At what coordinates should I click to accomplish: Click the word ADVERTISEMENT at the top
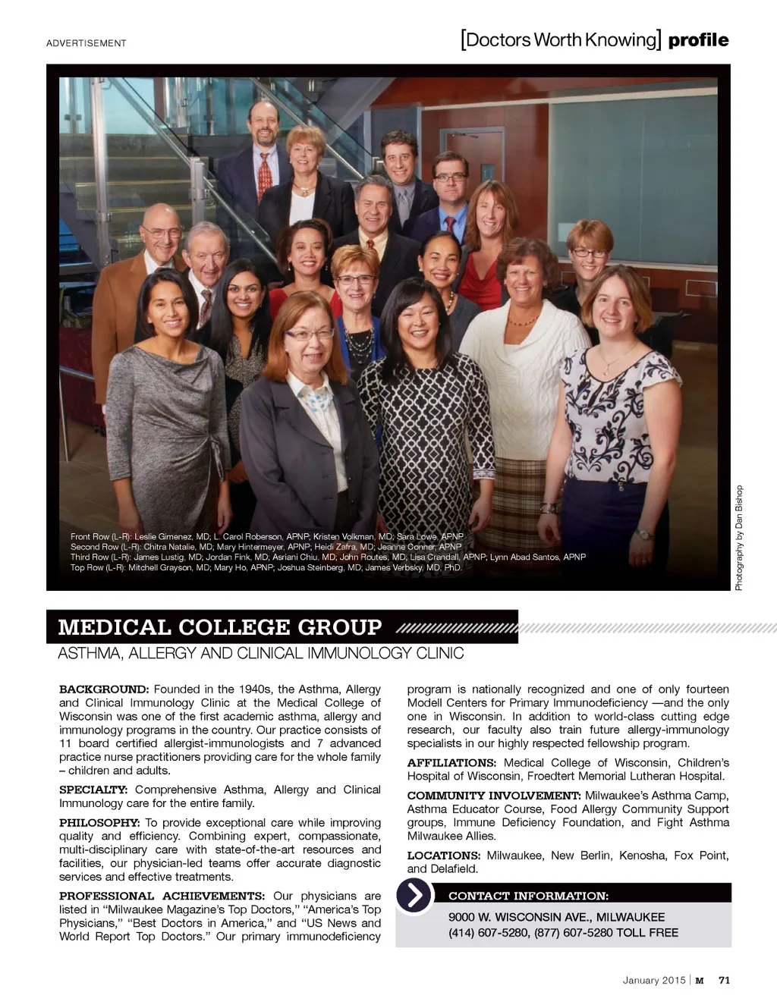click(x=86, y=43)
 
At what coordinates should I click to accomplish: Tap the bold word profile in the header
click(x=698, y=40)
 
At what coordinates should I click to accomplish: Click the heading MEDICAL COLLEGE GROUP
click(x=220, y=627)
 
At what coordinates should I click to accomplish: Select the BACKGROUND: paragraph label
click(x=104, y=689)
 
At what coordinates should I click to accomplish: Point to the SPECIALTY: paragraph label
click(x=93, y=790)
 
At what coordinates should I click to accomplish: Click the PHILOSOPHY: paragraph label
click(x=99, y=823)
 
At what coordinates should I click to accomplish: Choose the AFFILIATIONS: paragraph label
click(x=451, y=763)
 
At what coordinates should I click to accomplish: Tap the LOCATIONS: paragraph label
click(x=443, y=856)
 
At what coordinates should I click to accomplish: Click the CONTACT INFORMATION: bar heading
click(x=528, y=896)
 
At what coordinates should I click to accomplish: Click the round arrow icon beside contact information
click(x=414, y=896)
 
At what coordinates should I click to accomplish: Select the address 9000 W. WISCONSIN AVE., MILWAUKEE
click(x=556, y=917)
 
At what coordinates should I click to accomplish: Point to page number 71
click(x=724, y=980)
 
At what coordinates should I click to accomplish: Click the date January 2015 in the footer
click(x=653, y=980)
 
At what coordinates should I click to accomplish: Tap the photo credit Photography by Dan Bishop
click(x=739, y=538)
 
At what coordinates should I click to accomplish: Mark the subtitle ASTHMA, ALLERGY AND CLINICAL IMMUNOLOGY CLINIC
click(x=260, y=653)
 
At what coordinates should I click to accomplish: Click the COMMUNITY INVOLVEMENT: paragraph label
click(x=494, y=796)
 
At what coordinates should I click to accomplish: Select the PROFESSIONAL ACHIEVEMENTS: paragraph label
click(x=162, y=896)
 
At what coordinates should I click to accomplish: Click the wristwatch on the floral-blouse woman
click(x=643, y=534)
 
